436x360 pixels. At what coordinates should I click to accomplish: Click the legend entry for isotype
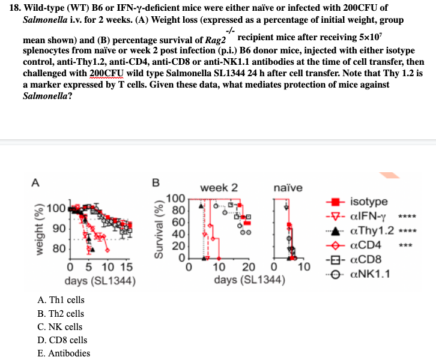(x=369, y=202)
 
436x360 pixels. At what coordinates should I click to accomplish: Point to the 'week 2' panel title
(x=214, y=188)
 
